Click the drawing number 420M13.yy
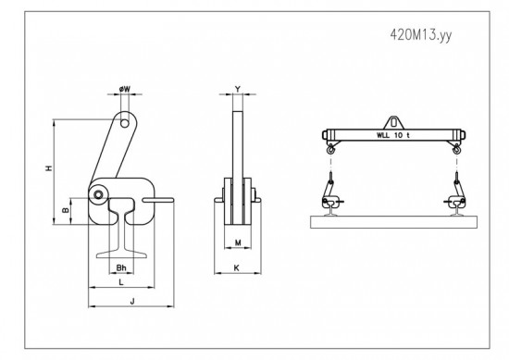click(x=421, y=35)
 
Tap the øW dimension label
click(x=125, y=89)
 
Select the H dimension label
click(x=49, y=168)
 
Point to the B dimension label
click(x=66, y=210)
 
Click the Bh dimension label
click(x=121, y=267)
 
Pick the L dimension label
click(x=121, y=282)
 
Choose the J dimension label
click(x=132, y=302)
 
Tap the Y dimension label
click(x=238, y=89)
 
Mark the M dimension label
click(x=238, y=242)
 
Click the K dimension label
click(x=237, y=267)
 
